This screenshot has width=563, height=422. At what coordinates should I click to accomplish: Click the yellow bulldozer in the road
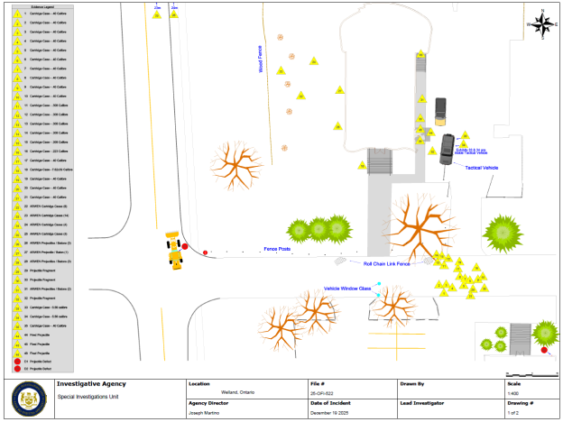173,251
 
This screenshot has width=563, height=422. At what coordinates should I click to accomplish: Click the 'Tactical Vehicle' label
481,168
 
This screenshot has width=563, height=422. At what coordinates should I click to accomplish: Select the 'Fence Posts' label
276,248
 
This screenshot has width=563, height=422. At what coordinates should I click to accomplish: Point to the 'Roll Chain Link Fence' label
386,264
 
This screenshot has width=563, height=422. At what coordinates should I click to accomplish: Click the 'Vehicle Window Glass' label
347,289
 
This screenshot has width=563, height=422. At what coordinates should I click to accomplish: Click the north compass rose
541,24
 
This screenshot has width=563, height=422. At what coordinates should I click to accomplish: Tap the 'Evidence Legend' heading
36,6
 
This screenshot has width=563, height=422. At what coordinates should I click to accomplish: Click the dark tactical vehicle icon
448,148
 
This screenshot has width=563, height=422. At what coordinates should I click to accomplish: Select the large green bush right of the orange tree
503,234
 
